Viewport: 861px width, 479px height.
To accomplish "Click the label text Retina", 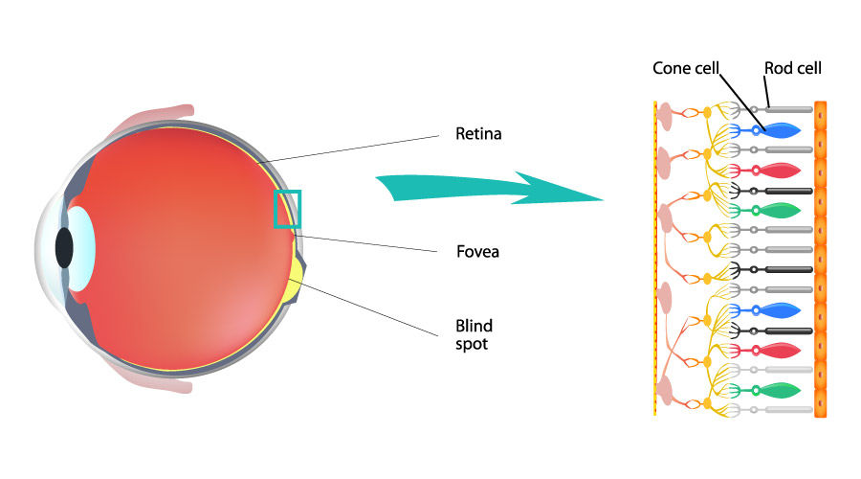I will (478, 134).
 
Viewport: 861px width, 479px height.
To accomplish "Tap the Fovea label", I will (478, 253).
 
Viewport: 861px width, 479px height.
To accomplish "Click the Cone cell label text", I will (686, 68).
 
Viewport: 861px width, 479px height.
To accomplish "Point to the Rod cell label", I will (792, 68).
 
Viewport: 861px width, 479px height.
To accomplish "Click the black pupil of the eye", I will (64, 247).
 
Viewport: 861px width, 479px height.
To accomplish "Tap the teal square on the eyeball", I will (287, 209).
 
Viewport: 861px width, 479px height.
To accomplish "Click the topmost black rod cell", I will (789, 191).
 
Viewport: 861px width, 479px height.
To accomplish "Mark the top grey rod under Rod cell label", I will (789, 109).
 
